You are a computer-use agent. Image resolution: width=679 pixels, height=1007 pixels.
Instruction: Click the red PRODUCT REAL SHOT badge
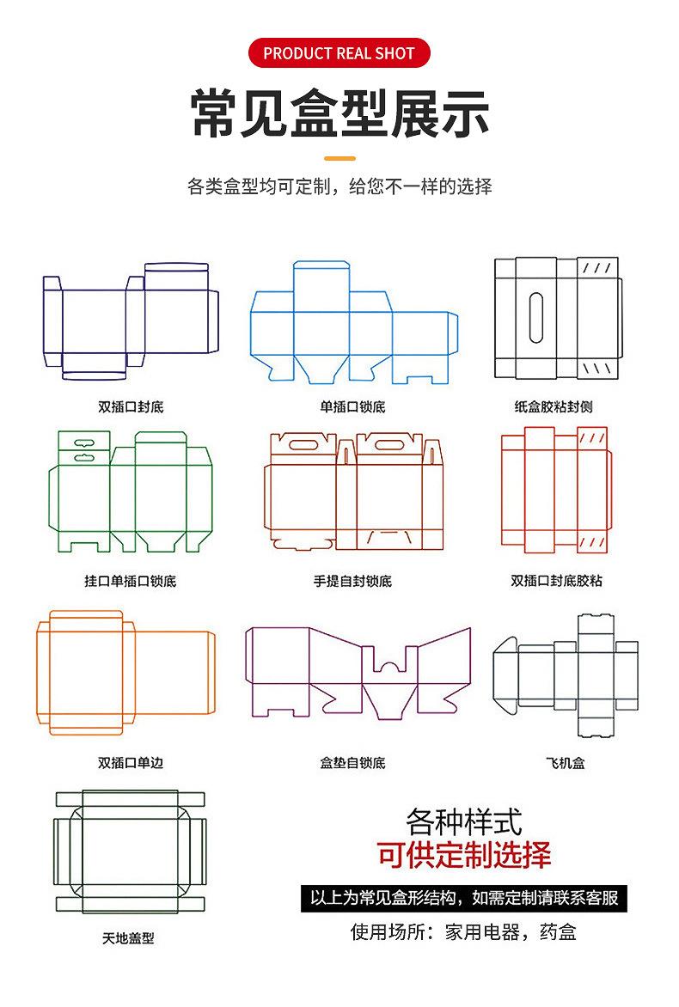(x=339, y=53)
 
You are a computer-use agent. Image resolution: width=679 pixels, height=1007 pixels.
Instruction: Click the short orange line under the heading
(x=339, y=158)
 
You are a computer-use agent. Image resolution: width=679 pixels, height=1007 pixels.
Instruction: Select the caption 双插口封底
(x=131, y=406)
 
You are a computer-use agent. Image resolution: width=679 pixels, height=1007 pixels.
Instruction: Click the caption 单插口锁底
(x=352, y=406)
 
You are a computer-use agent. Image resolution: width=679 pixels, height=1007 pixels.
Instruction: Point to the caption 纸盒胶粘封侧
(x=554, y=406)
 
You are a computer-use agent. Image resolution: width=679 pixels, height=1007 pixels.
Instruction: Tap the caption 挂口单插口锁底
(x=131, y=581)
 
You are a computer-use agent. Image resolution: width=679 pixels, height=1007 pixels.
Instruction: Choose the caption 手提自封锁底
(x=352, y=581)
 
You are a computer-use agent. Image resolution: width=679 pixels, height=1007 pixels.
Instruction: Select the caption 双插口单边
(x=131, y=762)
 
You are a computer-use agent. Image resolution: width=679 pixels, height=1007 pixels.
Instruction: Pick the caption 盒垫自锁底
(x=352, y=762)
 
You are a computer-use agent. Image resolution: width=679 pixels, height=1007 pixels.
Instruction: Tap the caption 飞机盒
(x=566, y=762)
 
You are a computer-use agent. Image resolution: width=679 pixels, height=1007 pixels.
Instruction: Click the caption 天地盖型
(x=128, y=938)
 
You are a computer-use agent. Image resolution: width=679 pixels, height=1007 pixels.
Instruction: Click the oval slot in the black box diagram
(x=536, y=318)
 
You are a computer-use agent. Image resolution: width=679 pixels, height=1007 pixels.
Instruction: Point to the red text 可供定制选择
(x=464, y=855)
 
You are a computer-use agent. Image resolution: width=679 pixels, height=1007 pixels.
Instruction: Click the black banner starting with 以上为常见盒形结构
(x=464, y=899)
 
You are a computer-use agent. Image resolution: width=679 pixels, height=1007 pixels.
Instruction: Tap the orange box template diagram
(x=125, y=673)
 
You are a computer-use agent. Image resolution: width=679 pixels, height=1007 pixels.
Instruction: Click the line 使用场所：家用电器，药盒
(x=463, y=931)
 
